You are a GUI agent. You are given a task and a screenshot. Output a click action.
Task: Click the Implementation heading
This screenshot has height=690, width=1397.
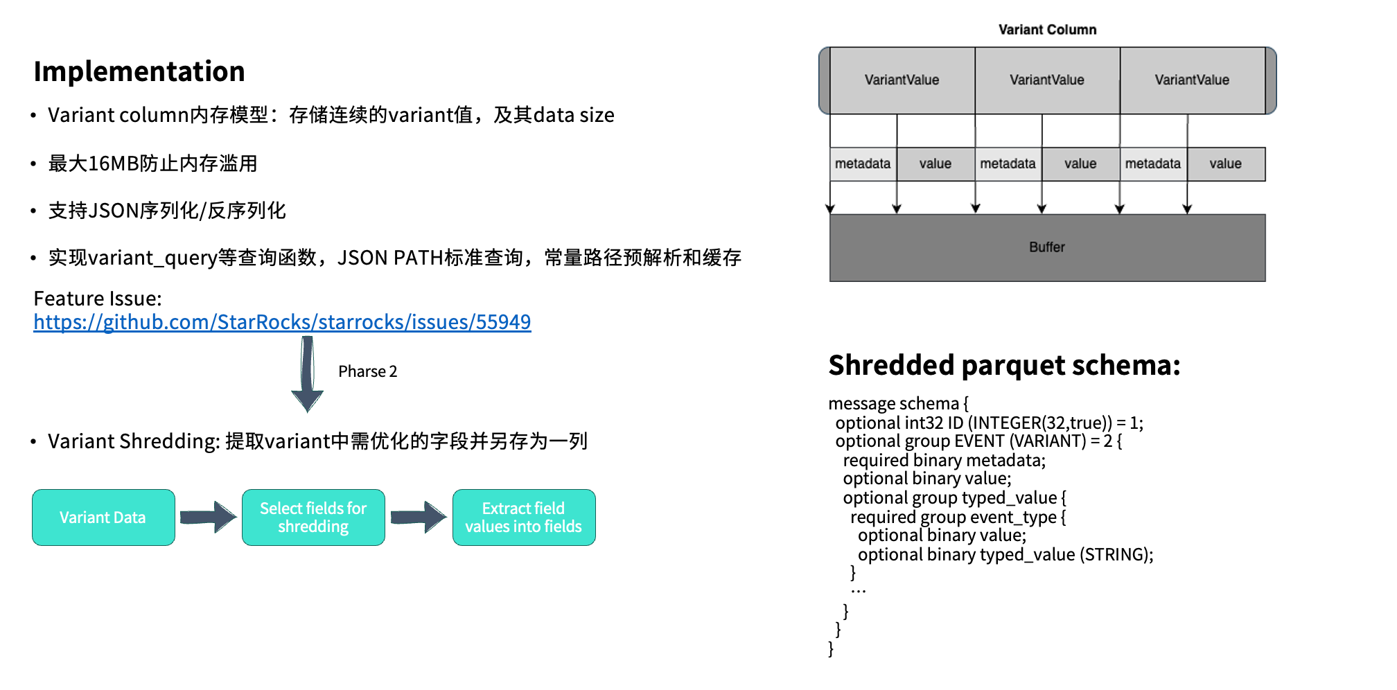139,71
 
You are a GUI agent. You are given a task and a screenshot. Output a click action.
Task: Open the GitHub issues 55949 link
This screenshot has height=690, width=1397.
282,322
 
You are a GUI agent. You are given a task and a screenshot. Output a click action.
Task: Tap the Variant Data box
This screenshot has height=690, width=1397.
103,517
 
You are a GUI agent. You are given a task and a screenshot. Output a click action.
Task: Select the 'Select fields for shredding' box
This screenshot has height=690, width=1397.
313,517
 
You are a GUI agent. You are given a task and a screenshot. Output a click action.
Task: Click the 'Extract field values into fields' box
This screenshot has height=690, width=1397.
524,517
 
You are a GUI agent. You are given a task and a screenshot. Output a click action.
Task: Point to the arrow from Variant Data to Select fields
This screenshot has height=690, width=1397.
208,517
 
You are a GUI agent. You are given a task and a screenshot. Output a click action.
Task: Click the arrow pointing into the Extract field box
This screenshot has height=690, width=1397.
419,517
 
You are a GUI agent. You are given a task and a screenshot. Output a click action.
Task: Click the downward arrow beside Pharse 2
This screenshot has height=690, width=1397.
308,375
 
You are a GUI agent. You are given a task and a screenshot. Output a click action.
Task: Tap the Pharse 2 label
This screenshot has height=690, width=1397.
367,371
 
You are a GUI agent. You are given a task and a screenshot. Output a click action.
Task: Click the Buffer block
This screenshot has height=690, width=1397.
1047,247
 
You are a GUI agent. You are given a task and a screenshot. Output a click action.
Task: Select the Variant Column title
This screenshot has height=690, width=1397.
1047,30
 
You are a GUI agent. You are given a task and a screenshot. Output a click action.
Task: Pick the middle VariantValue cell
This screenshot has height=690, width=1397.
1047,80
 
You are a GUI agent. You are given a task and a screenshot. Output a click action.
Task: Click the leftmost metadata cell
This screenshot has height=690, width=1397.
863,164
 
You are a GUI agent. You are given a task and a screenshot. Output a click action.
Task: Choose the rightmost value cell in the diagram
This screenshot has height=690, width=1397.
1226,164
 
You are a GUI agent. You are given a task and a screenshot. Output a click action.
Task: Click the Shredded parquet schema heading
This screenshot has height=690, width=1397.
1004,365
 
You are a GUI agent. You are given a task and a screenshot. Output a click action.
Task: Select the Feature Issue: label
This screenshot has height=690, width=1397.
98,299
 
